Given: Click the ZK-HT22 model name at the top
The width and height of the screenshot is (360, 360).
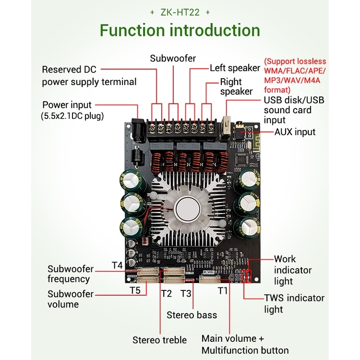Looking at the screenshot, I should tap(180, 12).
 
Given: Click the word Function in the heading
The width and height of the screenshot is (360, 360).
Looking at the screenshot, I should tap(132, 31).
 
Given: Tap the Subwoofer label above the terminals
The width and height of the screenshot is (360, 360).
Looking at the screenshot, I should tap(173, 59).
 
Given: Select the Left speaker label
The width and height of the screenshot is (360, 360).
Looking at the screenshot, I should tap(235, 68).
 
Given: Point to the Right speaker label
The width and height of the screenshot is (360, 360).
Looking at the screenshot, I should tap(236, 86).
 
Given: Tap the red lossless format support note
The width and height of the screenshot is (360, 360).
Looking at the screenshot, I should tap(295, 75).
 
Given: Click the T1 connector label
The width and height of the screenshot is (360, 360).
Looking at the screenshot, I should tap(222, 290).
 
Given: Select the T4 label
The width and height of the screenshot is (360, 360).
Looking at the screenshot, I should tap(117, 265).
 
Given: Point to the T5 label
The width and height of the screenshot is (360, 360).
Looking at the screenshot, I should tap(135, 290).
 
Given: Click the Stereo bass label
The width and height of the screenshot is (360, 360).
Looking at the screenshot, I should tap(192, 315).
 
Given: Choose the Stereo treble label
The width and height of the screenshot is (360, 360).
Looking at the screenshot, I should tap(159, 340).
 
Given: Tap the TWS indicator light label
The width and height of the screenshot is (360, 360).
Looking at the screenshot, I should tap(294, 303).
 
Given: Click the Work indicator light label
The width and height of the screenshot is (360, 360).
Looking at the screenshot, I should tap(293, 270).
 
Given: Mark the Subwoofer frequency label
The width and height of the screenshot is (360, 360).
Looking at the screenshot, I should tap(70, 274).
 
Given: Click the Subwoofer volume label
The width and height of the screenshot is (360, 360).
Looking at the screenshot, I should tap(70, 299).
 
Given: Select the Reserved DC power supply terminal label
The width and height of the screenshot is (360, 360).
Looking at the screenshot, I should tap(89, 75).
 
